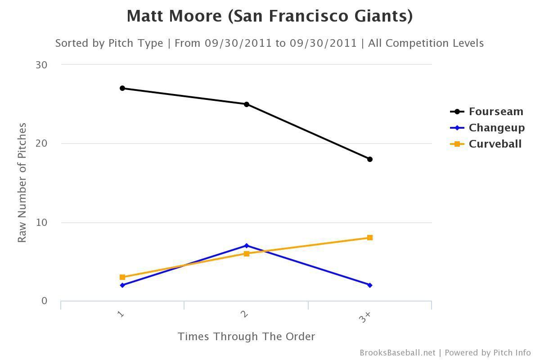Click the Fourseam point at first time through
(x=122, y=88)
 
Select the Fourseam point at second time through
(x=247, y=104)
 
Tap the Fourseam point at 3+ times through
(x=370, y=159)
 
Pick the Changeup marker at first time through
(x=122, y=285)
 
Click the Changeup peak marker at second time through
(x=247, y=246)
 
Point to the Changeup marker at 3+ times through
(x=370, y=285)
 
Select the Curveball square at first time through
(x=122, y=277)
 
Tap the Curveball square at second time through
(x=247, y=254)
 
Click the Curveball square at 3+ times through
(x=370, y=238)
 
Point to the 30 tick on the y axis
(x=41, y=65)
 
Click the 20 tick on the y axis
(x=41, y=144)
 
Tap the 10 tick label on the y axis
(x=41, y=222)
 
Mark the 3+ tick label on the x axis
(x=365, y=317)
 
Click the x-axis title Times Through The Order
(x=246, y=337)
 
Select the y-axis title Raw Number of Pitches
(x=22, y=183)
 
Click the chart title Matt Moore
(x=270, y=16)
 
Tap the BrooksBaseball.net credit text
(x=397, y=353)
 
